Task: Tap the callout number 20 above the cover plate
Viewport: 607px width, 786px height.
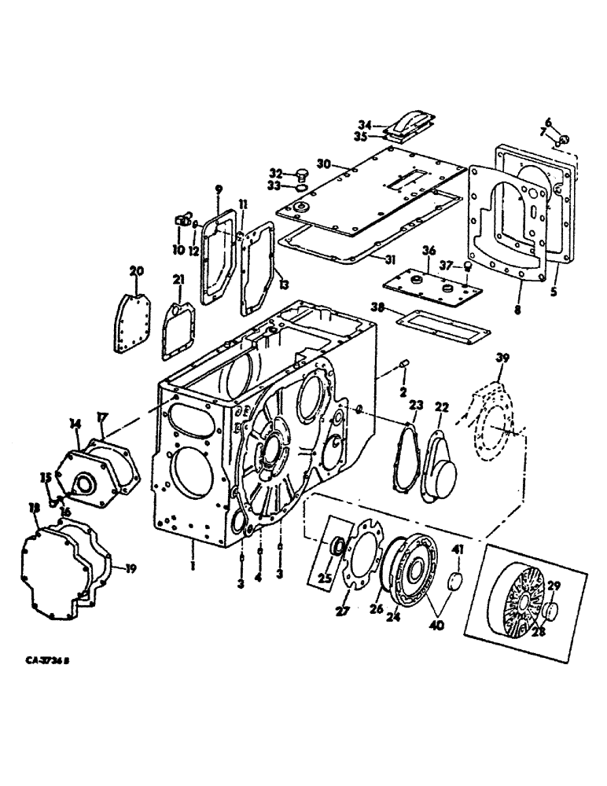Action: click(137, 271)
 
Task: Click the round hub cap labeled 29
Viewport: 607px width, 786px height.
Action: click(549, 613)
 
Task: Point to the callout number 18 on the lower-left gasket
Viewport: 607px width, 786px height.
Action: click(33, 509)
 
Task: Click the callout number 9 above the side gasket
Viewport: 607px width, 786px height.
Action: click(218, 188)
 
